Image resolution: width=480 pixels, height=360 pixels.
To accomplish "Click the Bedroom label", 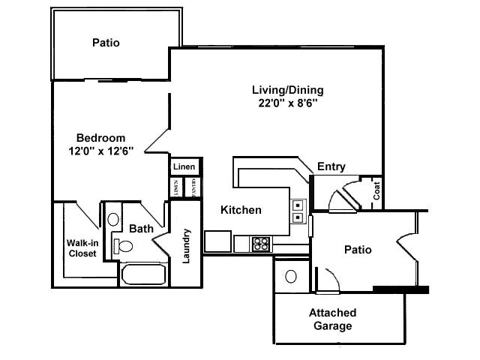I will [x=100, y=138].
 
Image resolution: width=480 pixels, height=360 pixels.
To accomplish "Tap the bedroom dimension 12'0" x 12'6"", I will [x=100, y=151].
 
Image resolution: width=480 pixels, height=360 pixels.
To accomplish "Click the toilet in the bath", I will [x=123, y=245].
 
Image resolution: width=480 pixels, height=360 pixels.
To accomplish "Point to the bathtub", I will [x=143, y=274].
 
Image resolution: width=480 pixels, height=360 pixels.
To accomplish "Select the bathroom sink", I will [x=113, y=220].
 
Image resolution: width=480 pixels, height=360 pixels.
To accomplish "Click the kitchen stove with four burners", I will [x=260, y=243].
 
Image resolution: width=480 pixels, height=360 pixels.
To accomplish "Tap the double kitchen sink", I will [x=298, y=211].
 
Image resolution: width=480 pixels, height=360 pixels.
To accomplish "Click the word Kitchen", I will [x=241, y=210].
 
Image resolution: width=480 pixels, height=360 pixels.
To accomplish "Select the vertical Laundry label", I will [x=187, y=246].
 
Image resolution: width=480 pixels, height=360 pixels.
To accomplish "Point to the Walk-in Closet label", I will [x=82, y=247].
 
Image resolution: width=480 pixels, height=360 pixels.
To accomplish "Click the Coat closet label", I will [x=376, y=192].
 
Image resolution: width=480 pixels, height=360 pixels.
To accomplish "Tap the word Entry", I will [x=331, y=166].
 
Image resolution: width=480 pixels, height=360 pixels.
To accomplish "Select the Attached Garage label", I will [x=332, y=319].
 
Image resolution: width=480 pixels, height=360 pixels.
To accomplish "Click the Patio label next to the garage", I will [x=358, y=250].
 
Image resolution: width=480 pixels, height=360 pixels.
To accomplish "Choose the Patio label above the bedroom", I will [x=106, y=43].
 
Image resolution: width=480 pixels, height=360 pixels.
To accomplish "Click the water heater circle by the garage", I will [x=291, y=276].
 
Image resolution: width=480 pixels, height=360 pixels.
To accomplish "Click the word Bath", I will [x=141, y=228].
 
